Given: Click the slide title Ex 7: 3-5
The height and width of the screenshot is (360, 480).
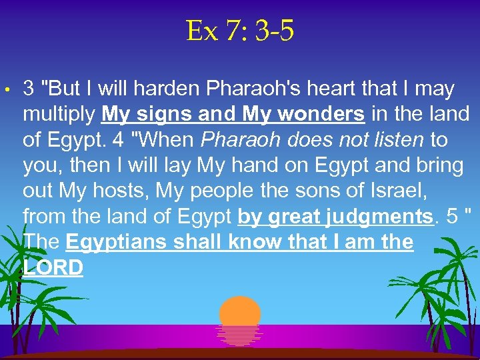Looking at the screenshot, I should [x=240, y=31].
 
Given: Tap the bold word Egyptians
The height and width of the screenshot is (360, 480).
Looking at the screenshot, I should [x=117, y=242].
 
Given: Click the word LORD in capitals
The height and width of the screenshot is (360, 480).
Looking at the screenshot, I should [x=53, y=267].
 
